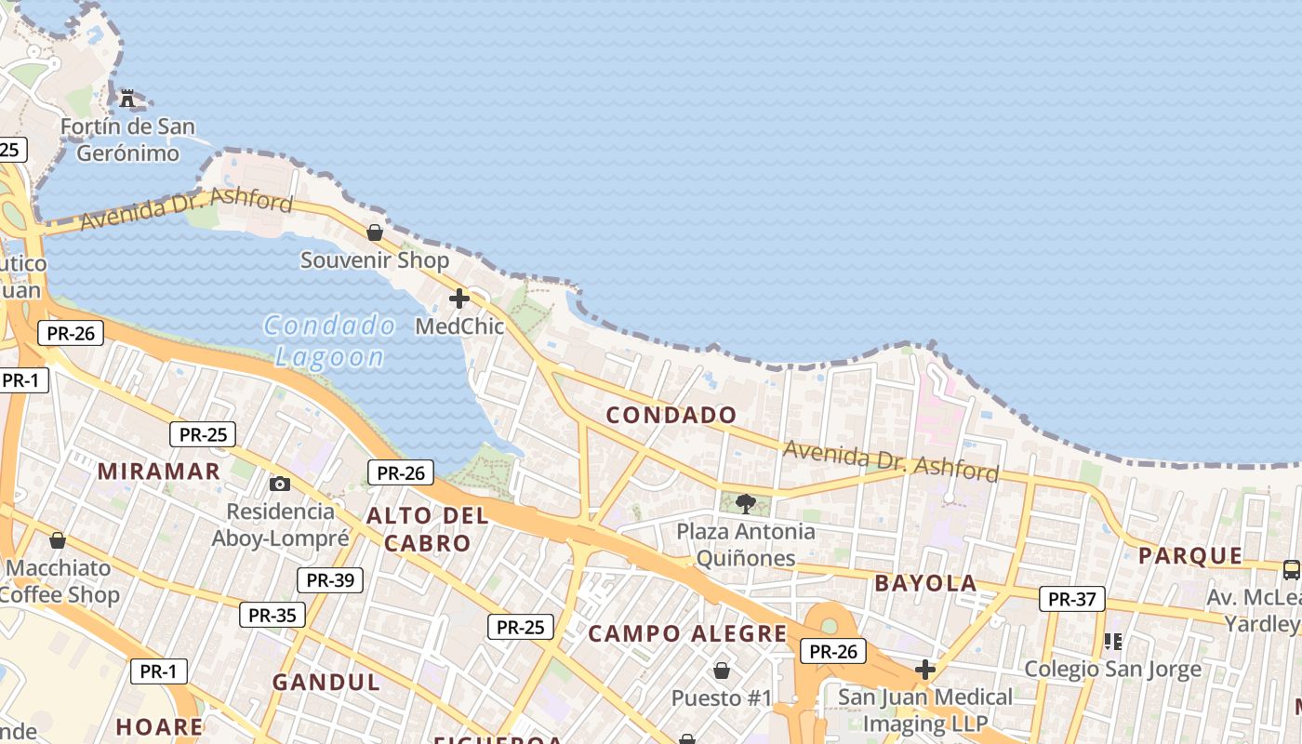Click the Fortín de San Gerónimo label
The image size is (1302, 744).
(x=127, y=139)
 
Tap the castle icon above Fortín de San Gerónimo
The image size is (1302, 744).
(x=127, y=98)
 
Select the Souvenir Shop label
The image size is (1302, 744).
(x=374, y=260)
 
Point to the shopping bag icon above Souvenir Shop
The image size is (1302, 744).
(x=375, y=232)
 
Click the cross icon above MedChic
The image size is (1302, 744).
(x=459, y=299)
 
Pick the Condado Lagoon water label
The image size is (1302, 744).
(x=330, y=340)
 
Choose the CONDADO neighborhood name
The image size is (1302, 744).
(x=671, y=416)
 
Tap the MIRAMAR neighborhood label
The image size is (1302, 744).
(x=159, y=472)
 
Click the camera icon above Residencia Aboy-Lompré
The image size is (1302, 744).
(x=279, y=484)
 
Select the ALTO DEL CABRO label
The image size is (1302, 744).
(x=427, y=529)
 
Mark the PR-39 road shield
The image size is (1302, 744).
(x=330, y=580)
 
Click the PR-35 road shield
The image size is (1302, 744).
(x=272, y=615)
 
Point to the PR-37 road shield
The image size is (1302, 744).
(x=1072, y=599)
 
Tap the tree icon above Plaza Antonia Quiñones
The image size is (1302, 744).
(x=745, y=504)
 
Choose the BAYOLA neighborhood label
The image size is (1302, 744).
(x=925, y=584)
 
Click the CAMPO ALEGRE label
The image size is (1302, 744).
(x=688, y=634)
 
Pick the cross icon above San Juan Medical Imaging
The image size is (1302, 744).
(x=924, y=669)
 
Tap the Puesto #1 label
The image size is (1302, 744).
(x=722, y=697)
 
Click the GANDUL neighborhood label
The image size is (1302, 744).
(x=325, y=682)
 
